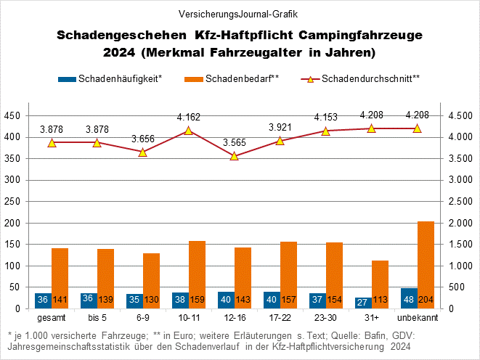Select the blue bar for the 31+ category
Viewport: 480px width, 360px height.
[x=362, y=303]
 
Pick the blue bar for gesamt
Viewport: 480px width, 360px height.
[x=43, y=300]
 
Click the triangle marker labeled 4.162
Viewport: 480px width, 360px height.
[x=188, y=131]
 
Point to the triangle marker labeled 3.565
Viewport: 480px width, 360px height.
[x=234, y=156]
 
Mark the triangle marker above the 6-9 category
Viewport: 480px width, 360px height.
[x=142, y=152]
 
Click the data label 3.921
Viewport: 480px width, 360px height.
[x=280, y=127]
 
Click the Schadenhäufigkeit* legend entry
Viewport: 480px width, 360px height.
[x=121, y=78]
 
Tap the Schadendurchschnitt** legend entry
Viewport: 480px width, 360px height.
[x=370, y=78]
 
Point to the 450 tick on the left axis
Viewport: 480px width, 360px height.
[x=12, y=116]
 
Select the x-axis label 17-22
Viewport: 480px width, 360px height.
[x=279, y=318]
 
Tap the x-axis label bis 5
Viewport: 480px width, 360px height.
[x=97, y=318]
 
